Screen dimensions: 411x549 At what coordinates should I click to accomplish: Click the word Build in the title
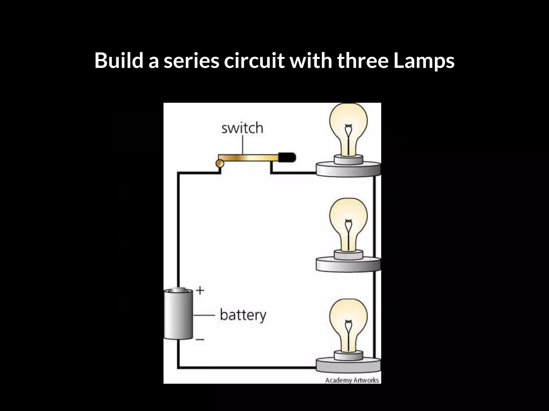tap(119, 60)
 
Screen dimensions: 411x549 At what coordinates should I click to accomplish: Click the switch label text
tap(242, 128)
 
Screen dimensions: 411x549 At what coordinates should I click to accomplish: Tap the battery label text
tap(243, 315)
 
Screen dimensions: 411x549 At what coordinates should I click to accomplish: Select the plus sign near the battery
tap(200, 290)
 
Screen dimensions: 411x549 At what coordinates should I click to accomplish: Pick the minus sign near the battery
tap(200, 340)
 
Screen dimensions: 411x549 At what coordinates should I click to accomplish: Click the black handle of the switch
tap(287, 157)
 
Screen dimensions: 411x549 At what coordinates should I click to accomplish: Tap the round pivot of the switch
tap(220, 163)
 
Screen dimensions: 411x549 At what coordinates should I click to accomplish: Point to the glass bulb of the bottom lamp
tap(348, 320)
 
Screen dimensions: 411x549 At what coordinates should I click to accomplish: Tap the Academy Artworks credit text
tap(352, 380)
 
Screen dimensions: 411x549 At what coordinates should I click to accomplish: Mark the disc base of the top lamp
tap(348, 169)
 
